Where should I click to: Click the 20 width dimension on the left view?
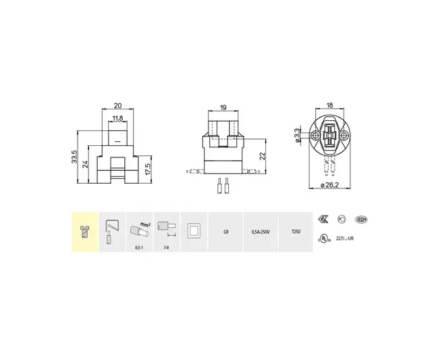118,106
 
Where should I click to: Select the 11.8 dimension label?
118,118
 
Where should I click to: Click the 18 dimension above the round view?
330,106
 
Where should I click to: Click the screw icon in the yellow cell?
85,230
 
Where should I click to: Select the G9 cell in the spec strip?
225,232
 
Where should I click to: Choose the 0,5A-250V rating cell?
260,232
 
